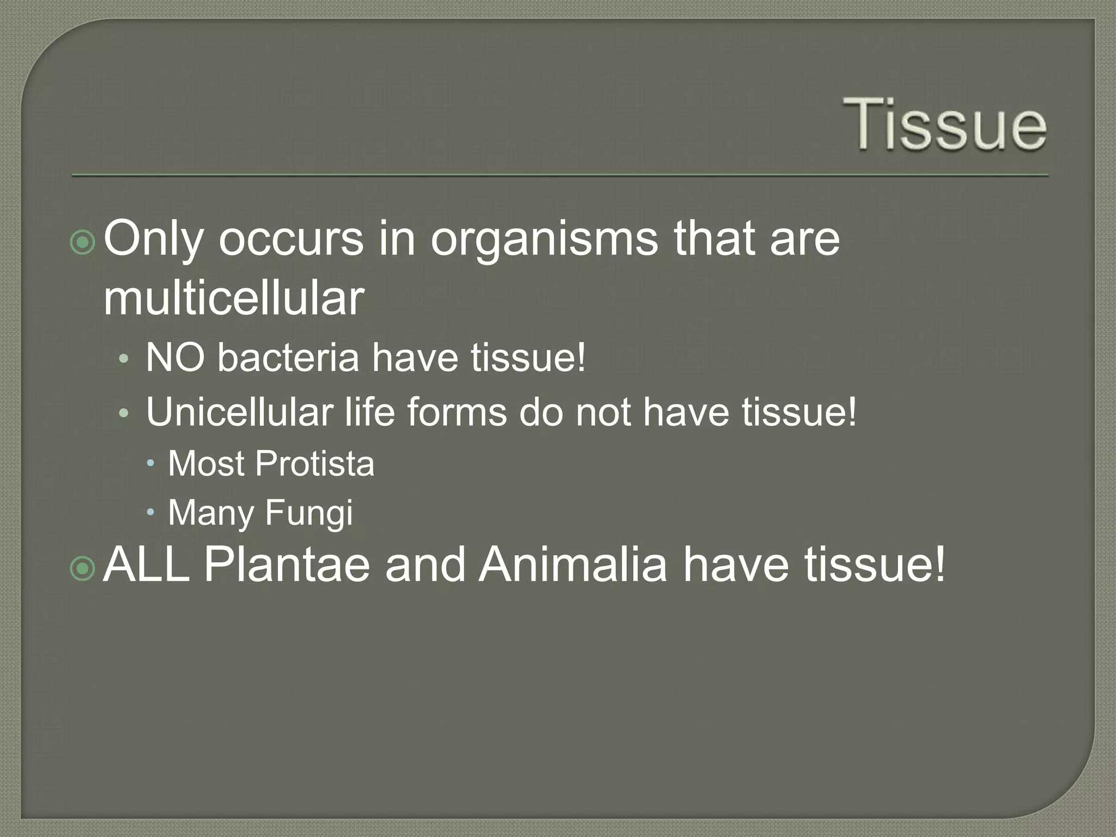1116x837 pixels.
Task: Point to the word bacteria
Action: click(x=288, y=358)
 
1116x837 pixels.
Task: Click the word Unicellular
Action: click(x=239, y=412)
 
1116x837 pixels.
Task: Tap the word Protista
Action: click(x=314, y=464)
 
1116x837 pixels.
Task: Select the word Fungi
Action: click(x=309, y=513)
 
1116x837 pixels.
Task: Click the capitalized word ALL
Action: click(x=146, y=565)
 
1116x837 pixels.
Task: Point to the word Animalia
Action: click(x=572, y=565)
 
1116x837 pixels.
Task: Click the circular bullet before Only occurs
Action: click(x=83, y=242)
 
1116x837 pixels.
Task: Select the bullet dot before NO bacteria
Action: click(x=124, y=359)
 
